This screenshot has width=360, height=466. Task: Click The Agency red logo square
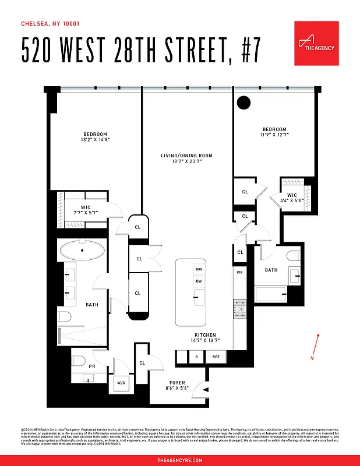(x=316, y=43)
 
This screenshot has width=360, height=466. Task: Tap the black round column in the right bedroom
(x=243, y=103)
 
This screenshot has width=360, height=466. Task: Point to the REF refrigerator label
(x=216, y=356)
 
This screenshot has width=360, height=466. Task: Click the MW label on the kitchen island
(x=199, y=269)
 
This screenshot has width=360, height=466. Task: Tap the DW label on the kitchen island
(x=199, y=281)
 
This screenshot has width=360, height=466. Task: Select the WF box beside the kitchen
(x=239, y=272)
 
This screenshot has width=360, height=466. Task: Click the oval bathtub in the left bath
(x=82, y=251)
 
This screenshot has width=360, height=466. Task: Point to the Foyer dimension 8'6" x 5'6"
(x=177, y=388)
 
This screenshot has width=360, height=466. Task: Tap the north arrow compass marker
(x=316, y=347)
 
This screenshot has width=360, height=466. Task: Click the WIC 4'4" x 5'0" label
(x=292, y=198)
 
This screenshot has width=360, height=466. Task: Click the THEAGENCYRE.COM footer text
(x=180, y=460)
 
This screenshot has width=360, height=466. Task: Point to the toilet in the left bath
(x=65, y=317)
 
